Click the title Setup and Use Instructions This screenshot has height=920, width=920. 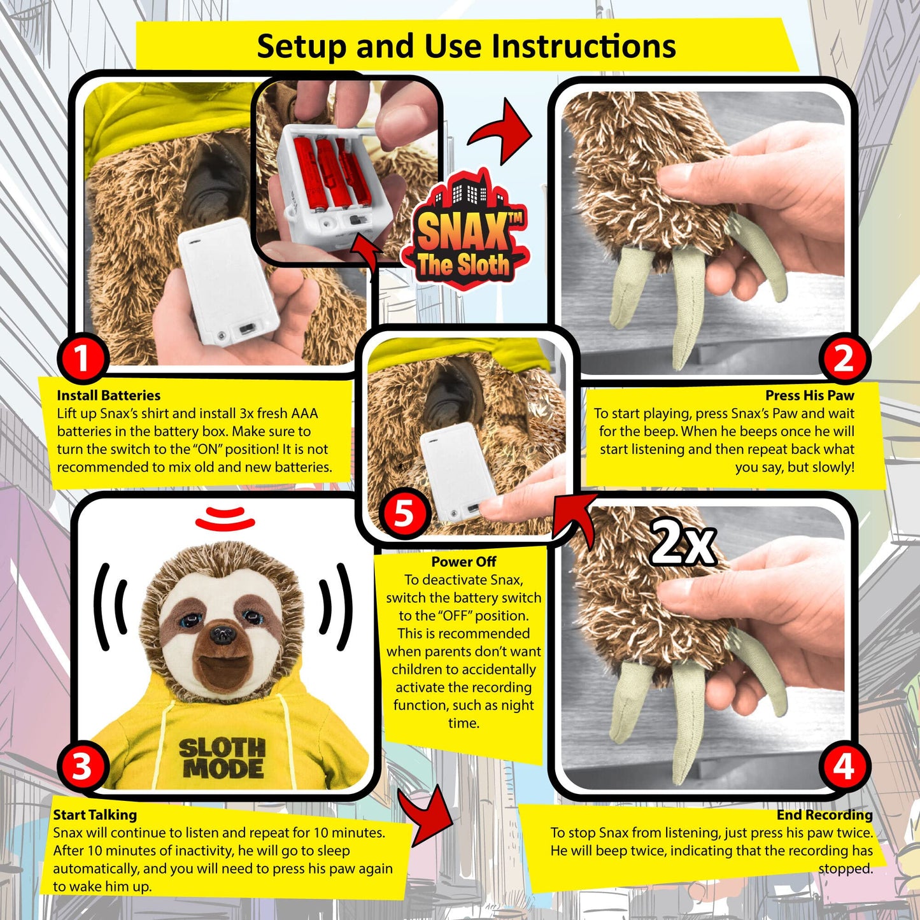(466, 46)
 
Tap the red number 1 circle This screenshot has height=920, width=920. (82, 358)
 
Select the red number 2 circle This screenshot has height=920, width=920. (843, 358)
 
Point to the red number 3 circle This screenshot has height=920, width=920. (82, 765)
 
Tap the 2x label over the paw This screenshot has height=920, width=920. (683, 543)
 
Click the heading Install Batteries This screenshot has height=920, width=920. (108, 395)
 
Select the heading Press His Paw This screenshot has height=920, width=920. (809, 395)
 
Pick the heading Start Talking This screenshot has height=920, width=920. (95, 815)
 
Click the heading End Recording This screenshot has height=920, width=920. (824, 815)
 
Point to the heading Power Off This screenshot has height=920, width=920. (464, 562)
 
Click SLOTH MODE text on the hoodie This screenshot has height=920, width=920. (221, 758)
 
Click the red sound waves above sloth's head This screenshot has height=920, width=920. (225, 518)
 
